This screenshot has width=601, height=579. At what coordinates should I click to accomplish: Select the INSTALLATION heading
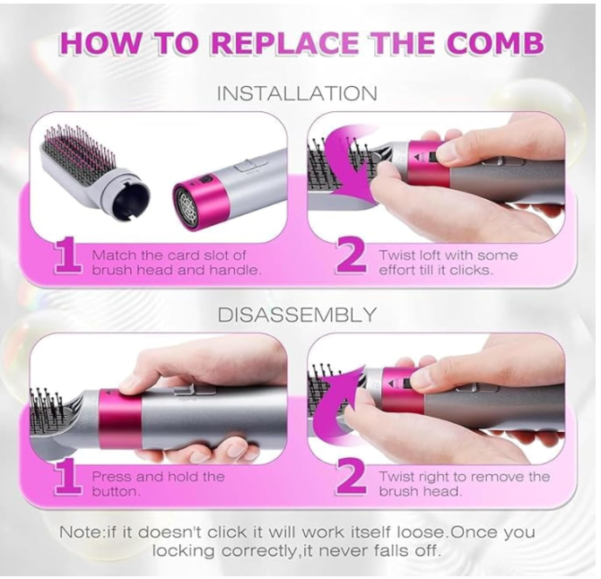(298, 94)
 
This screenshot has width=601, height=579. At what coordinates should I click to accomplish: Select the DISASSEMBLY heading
(298, 315)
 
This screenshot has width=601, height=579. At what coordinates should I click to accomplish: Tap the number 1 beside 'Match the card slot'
(68, 255)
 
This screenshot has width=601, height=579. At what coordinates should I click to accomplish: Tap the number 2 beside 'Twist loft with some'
(351, 256)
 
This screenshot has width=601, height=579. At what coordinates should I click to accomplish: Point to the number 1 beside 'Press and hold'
(68, 478)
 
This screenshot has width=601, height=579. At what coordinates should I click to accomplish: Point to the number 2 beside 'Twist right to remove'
(351, 479)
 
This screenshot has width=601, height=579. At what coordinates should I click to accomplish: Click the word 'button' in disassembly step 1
(114, 492)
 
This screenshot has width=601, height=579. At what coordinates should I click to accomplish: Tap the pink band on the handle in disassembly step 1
(120, 419)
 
